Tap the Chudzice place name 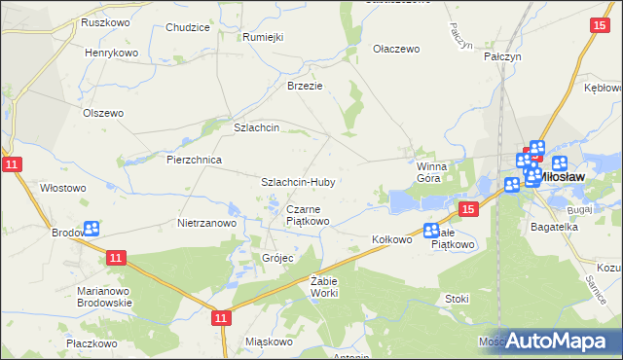(x=188, y=27)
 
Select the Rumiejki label (x=263, y=37)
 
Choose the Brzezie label (x=304, y=85)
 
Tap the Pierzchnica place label (x=195, y=160)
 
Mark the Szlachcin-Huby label (x=299, y=182)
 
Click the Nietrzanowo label (x=207, y=223)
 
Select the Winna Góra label (x=429, y=172)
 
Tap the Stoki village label (x=457, y=299)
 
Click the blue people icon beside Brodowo (x=92, y=229)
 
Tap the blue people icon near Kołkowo (x=431, y=231)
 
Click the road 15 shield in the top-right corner (x=599, y=26)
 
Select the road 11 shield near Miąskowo (x=221, y=317)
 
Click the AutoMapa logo (x=557, y=341)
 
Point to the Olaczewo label (x=396, y=48)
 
